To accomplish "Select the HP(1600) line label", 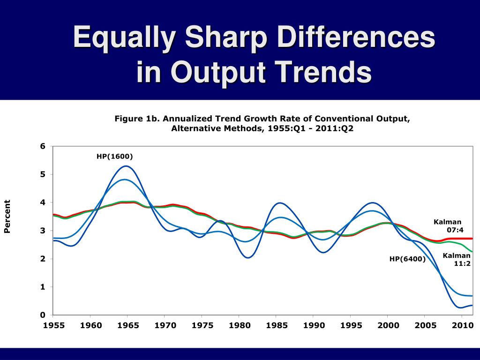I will pos(115,157).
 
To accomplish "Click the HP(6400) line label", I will pos(407,259).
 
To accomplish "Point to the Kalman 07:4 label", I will pos(448,225).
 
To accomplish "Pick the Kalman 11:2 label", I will pos(457,259).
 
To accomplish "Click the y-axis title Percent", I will pos(7,216).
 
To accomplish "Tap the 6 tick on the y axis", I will pos(43,146).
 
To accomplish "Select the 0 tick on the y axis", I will pos(43,315).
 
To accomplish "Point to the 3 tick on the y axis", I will pos(43,231).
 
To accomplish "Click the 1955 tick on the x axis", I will pos(53,325).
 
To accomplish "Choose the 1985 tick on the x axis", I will pos(275,325).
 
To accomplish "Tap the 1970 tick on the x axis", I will pos(164,325).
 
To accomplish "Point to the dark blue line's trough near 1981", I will pos(248,258).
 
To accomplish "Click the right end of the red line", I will pos(472,239).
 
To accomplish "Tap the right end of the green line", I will pos(472,252).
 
